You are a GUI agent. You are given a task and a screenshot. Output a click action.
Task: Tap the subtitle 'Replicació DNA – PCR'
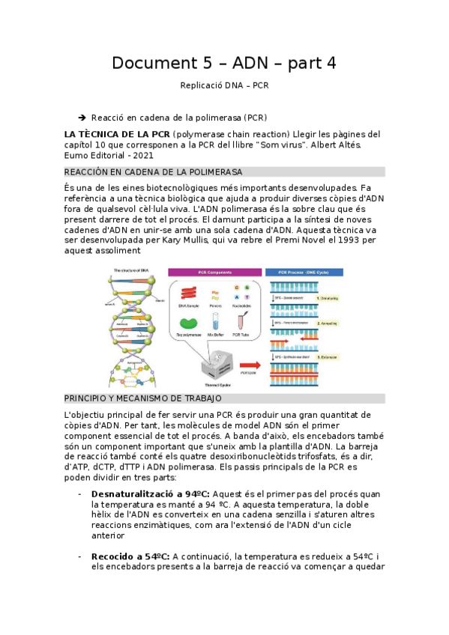tap(224, 85)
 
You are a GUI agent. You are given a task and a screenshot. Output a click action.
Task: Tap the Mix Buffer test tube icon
tap(215, 322)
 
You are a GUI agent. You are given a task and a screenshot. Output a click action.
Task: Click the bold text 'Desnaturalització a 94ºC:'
tap(151, 494)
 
